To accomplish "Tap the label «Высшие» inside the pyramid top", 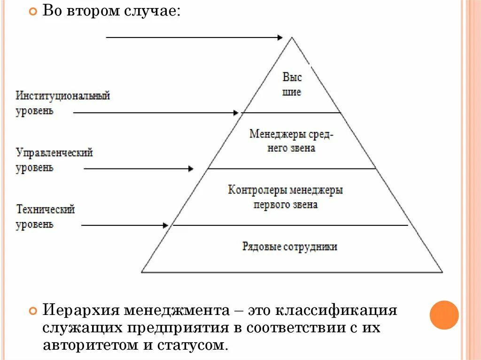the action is click(292, 84).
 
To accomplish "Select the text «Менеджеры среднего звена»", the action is click(291, 141).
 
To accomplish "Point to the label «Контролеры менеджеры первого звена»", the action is click(286, 197).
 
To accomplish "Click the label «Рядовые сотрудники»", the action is click(290, 246).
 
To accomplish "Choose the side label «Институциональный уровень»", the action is click(62, 103).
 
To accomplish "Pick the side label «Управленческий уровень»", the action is click(54, 160).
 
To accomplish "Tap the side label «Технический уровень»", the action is click(45, 216).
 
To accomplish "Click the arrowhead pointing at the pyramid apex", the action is click(280, 37).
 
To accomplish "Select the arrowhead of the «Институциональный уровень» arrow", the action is click(236, 113).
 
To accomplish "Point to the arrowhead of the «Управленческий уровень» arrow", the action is click(191, 169).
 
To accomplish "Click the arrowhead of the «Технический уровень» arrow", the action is click(165, 225).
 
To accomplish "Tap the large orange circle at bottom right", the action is click(444, 315).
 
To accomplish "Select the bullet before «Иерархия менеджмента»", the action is click(32, 311).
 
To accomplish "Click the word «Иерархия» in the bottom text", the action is click(80, 311).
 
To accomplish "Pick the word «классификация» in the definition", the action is click(337, 311).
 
